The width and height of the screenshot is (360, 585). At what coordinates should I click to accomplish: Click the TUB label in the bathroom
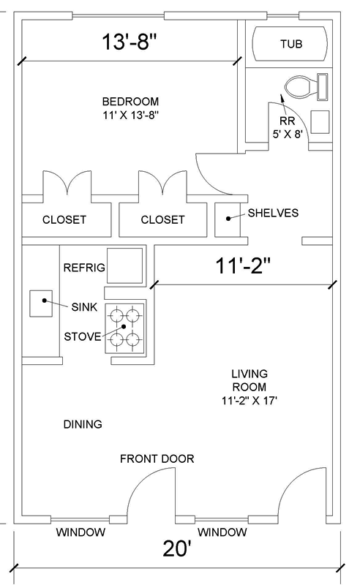(291, 44)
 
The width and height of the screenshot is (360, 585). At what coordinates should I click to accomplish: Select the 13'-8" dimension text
(130, 42)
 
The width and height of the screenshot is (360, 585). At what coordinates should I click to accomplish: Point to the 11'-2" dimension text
(243, 266)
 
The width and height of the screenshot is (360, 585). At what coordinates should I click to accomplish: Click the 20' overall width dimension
(177, 548)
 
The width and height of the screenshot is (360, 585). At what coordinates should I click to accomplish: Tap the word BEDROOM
(130, 102)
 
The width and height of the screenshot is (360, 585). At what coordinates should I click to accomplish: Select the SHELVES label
(273, 213)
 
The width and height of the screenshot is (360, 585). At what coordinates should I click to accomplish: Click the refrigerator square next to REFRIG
(124, 265)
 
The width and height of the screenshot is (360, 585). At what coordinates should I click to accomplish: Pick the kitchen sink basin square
(41, 303)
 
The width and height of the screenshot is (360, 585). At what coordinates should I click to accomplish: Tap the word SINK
(84, 307)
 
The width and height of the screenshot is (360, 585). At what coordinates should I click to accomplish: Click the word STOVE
(83, 336)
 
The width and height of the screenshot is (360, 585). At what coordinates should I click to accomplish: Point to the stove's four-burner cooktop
(124, 328)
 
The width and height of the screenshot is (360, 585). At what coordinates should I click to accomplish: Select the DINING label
(83, 424)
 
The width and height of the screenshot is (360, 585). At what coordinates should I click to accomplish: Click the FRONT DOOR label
(157, 458)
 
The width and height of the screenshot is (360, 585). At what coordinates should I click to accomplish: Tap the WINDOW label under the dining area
(80, 532)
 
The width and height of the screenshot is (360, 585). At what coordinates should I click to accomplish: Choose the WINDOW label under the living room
(222, 532)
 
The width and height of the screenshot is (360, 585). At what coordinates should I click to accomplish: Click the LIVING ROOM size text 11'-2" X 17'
(249, 401)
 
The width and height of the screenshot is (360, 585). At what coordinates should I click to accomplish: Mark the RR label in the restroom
(287, 121)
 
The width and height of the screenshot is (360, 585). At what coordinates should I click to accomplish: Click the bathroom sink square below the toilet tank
(320, 122)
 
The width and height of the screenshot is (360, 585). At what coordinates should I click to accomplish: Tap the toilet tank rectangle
(323, 87)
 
